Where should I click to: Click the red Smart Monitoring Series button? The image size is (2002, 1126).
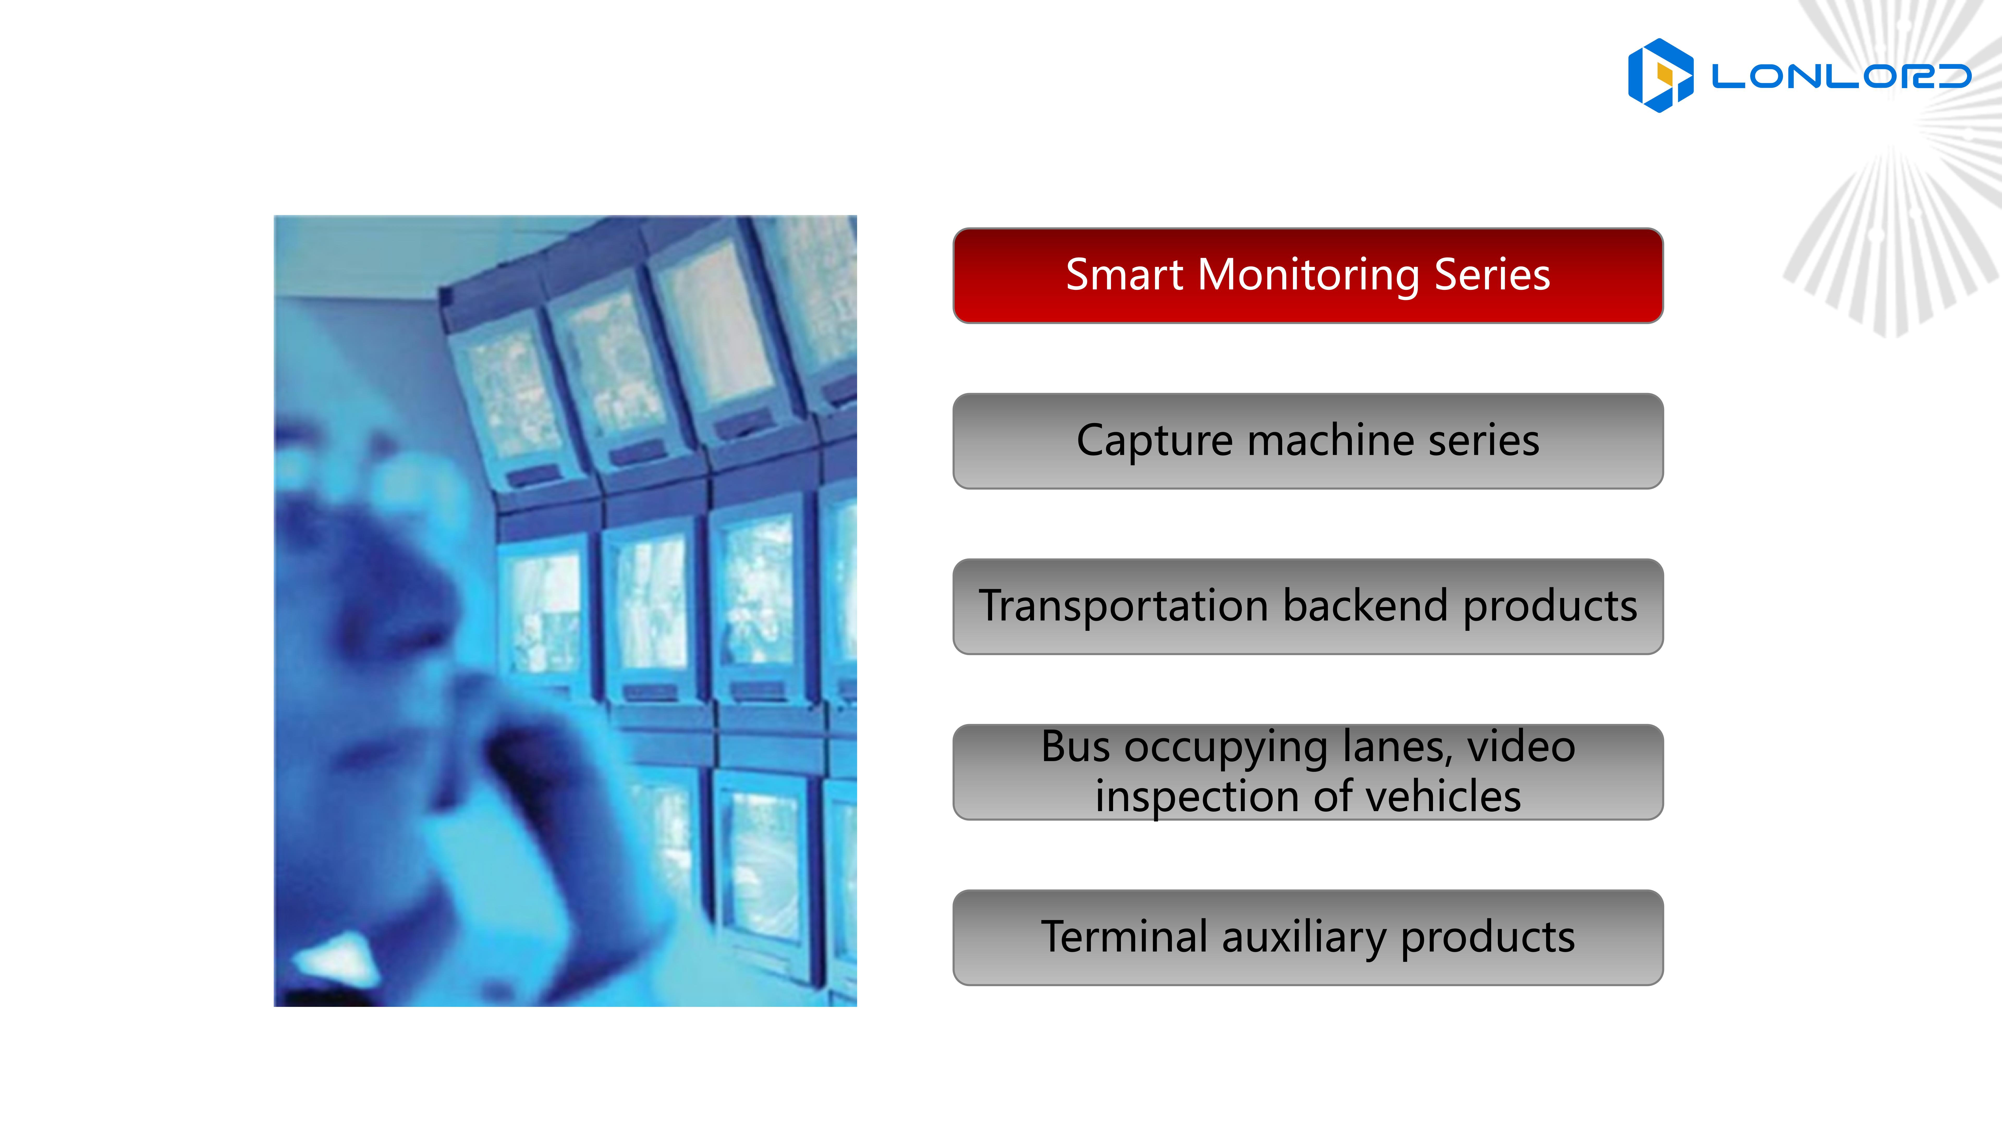[x=1308, y=275]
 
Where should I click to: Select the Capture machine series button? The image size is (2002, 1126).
[x=1308, y=440]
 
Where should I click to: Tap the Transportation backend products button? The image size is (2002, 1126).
[x=1308, y=606]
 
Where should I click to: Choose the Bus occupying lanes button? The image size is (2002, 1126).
[x=1308, y=772]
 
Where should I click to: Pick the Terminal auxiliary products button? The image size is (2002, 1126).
[x=1308, y=937]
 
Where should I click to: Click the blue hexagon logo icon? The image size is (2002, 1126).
[x=1660, y=75]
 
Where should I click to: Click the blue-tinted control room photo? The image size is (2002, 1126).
[x=565, y=611]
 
